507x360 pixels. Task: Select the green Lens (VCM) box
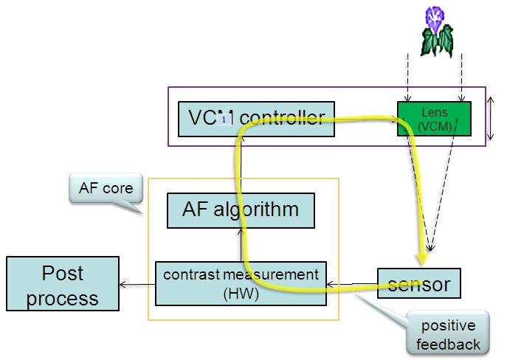434,119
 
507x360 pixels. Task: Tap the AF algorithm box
241,210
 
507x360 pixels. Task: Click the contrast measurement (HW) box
241,283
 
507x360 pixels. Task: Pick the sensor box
418,283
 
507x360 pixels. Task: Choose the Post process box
63,283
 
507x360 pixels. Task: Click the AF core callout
106,189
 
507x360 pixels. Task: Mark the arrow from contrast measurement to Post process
137,284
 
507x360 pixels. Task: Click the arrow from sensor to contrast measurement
351,283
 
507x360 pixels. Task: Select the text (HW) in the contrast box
241,293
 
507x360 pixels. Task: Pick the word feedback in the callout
448,344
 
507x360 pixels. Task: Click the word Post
63,274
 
